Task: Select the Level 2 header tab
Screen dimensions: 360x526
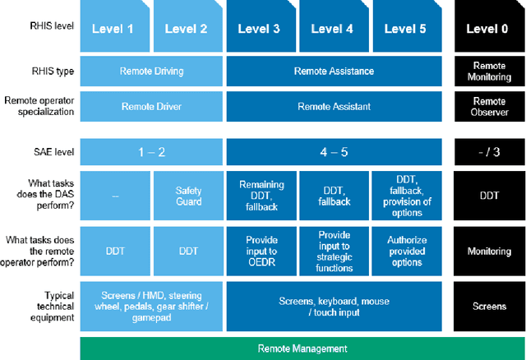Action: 188,29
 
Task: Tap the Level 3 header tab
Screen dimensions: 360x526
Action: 261,29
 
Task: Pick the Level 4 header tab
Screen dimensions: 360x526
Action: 333,29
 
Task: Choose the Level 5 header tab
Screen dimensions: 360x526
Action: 405,29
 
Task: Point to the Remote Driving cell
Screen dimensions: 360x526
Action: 151,72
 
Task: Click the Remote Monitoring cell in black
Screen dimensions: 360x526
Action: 490,72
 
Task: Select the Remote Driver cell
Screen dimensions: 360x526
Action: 151,106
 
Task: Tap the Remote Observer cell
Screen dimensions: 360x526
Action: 490,106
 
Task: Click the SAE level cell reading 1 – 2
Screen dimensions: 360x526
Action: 151,151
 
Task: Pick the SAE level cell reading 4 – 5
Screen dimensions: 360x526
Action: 333,151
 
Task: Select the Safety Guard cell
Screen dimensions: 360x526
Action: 188,196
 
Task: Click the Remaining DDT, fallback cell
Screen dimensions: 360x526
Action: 261,196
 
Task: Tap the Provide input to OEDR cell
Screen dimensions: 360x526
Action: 261,251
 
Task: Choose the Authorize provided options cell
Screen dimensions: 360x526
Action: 405,251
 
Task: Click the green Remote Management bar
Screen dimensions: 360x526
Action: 303,348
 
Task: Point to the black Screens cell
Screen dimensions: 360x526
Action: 490,306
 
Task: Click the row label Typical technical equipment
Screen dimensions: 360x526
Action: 48,306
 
